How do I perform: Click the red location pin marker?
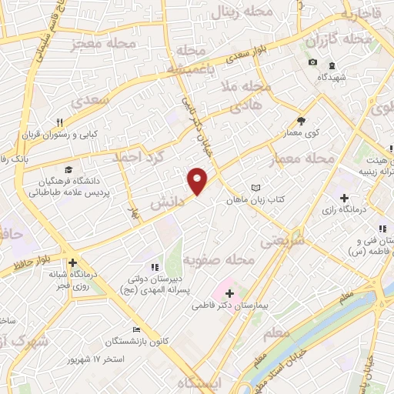tap(198, 179)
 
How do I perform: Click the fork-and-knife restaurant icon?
tap(59, 122)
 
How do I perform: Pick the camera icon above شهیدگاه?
tap(312, 62)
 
